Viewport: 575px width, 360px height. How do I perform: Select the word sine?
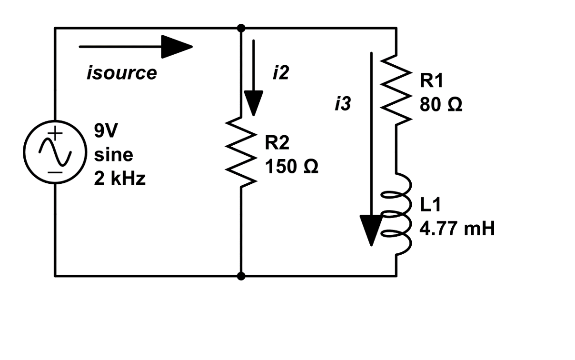(x=114, y=155)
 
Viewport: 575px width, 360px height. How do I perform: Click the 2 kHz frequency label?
(x=119, y=180)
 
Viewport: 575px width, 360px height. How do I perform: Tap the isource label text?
(x=121, y=73)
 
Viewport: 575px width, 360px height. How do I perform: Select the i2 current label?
(x=280, y=73)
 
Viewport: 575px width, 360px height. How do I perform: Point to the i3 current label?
(x=342, y=104)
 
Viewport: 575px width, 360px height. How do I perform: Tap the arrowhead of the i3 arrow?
(x=371, y=230)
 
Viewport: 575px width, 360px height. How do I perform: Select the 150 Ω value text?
(x=291, y=167)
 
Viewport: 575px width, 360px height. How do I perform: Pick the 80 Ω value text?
(x=440, y=105)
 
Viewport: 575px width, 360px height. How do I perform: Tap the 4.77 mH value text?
(x=457, y=230)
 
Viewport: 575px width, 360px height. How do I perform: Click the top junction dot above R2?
(x=241, y=28)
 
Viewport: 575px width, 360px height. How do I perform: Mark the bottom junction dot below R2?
(x=241, y=276)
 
